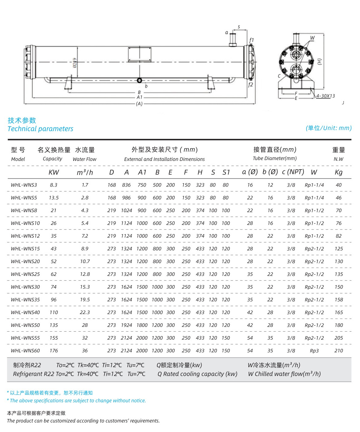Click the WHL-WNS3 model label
point(24,185)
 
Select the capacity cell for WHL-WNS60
point(54,350)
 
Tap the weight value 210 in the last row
point(338,350)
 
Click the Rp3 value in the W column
point(314,350)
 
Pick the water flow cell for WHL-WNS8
point(85,210)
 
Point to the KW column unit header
point(54,172)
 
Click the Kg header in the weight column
point(338,172)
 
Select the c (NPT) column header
point(293,172)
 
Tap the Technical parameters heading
point(40,129)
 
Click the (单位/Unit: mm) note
point(328,128)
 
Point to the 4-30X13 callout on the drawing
point(325,96)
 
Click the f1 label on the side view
point(251,40)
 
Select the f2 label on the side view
point(250,85)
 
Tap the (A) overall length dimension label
point(139,104)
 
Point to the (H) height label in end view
point(320,61)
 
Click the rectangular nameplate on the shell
point(140,55)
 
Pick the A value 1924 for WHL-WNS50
point(126,325)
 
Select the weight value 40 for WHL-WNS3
point(338,185)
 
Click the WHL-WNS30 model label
point(25,287)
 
